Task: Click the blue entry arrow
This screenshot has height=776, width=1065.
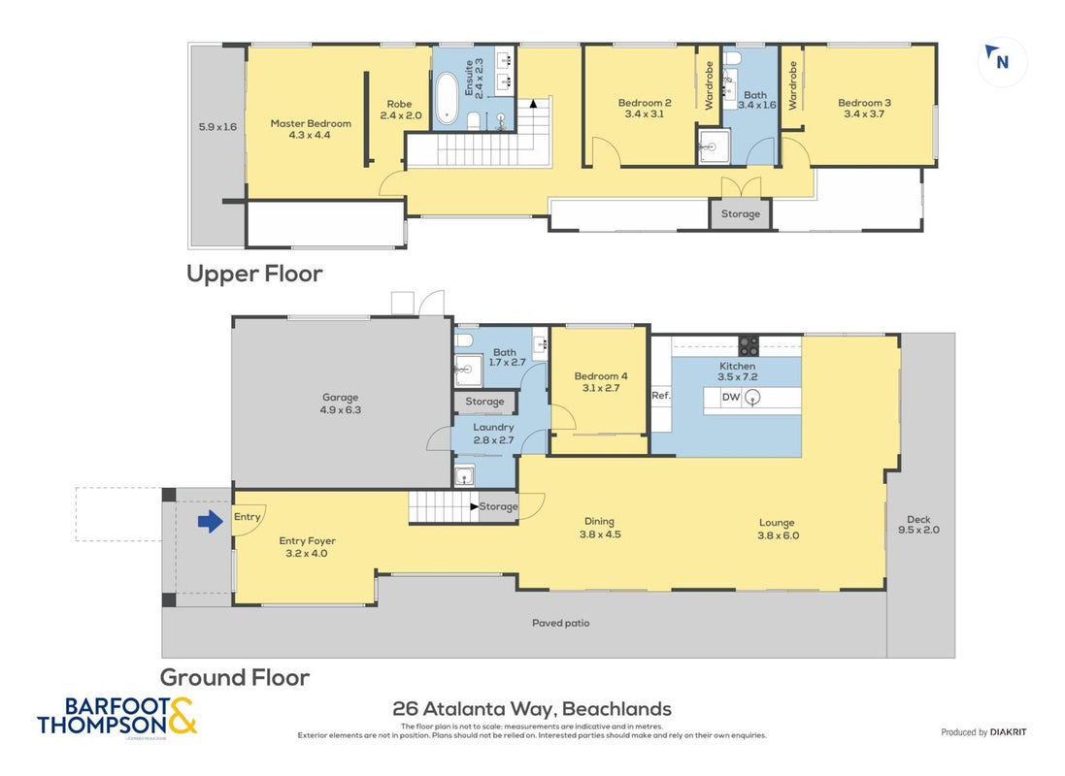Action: tap(211, 522)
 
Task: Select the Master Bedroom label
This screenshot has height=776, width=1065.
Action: tap(311, 123)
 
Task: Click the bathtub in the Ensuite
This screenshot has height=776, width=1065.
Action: tap(447, 98)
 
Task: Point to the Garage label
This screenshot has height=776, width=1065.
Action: tap(341, 398)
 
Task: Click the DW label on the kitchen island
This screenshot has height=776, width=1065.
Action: tap(731, 397)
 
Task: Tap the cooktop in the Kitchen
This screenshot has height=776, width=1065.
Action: tap(749, 345)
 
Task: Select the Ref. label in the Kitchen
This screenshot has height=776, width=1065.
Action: tap(661, 395)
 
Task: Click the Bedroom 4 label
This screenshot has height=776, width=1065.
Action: tap(601, 376)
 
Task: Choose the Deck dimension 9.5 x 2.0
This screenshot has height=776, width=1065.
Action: tap(919, 531)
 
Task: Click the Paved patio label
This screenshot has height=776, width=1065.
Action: tap(560, 623)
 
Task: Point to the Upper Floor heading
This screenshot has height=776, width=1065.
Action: tap(254, 274)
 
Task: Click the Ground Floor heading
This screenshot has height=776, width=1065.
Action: tap(235, 678)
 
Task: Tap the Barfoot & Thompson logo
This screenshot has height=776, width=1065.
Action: tap(116, 716)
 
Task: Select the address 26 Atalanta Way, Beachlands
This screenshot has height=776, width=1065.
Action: tap(532, 709)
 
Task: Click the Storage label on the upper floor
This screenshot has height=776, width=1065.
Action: tap(741, 213)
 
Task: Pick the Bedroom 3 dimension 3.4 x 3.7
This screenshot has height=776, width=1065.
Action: tap(864, 114)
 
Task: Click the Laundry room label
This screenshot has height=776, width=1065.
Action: tap(493, 428)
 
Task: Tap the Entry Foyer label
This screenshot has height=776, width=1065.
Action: tap(307, 541)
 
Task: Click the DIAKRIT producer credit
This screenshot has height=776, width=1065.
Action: tap(1008, 732)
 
